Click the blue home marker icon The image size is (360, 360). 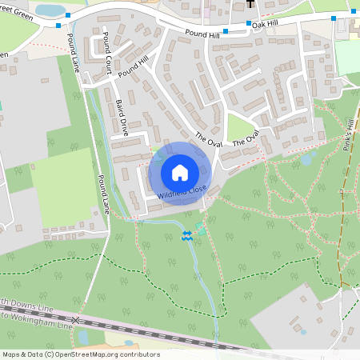pyautogui.click(x=180, y=173)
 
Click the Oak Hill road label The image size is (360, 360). pyautogui.click(x=265, y=25)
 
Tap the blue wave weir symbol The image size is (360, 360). pyautogui.click(x=186, y=234)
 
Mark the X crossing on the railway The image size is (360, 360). pyautogui.click(x=76, y=320)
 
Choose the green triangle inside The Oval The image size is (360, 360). pyautogui.click(x=239, y=126)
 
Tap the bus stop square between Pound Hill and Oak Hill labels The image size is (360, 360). pyautogui.click(x=226, y=32)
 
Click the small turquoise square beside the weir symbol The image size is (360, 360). pyautogui.click(x=200, y=231)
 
